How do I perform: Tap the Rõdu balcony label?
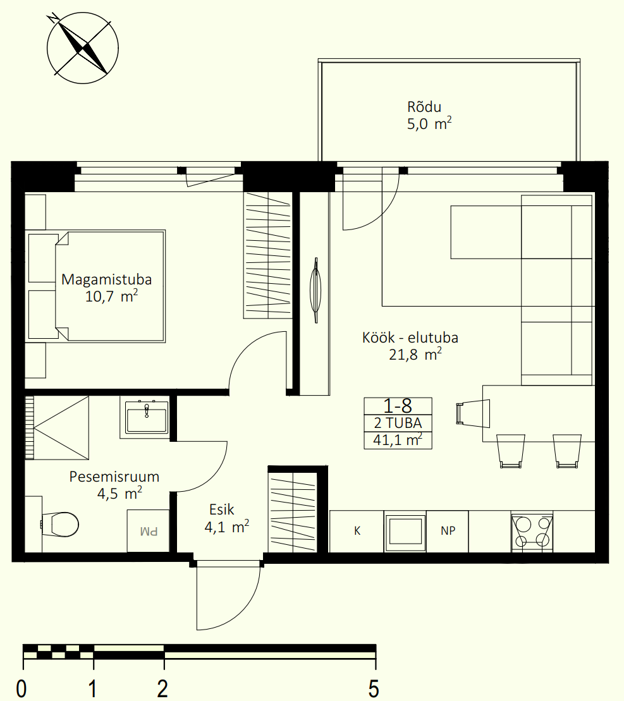coord(424,107)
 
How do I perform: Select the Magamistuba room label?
coord(106,279)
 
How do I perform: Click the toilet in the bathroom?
coord(60,525)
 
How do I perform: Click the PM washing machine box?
coord(149,531)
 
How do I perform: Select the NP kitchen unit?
coord(448,531)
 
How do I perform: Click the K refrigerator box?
coord(357,531)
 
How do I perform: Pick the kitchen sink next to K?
coord(405,532)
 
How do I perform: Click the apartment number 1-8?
coord(398,406)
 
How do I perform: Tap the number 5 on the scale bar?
coord(374,688)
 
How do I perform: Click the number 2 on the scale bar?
coord(162,688)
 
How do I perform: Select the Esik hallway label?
coord(222,509)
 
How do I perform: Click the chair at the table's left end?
coord(473,413)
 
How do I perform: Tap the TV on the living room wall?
coord(315,290)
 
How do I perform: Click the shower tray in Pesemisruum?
coord(57,428)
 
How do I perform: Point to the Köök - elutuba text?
coord(410,338)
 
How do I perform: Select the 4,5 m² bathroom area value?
coord(119,494)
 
